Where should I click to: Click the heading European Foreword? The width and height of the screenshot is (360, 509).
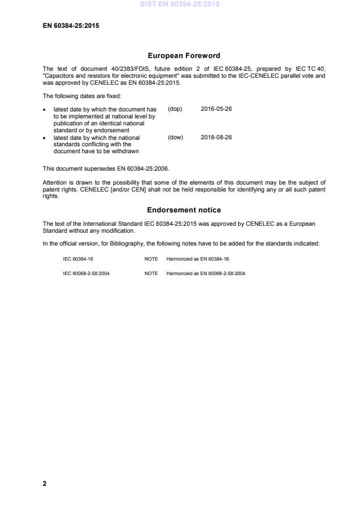183,56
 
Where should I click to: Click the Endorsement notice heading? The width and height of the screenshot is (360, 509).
183,210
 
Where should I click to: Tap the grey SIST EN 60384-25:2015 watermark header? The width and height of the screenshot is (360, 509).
180,5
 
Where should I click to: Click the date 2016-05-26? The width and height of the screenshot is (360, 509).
216,109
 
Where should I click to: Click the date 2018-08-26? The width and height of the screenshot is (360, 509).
216,138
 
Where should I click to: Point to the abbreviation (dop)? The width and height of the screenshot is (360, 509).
175,109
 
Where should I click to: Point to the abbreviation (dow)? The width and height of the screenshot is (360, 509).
175,138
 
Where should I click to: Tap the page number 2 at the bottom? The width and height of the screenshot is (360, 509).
45,484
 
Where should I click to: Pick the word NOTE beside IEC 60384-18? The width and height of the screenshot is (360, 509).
151,259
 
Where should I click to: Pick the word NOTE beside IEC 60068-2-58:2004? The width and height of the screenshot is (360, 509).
151,273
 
